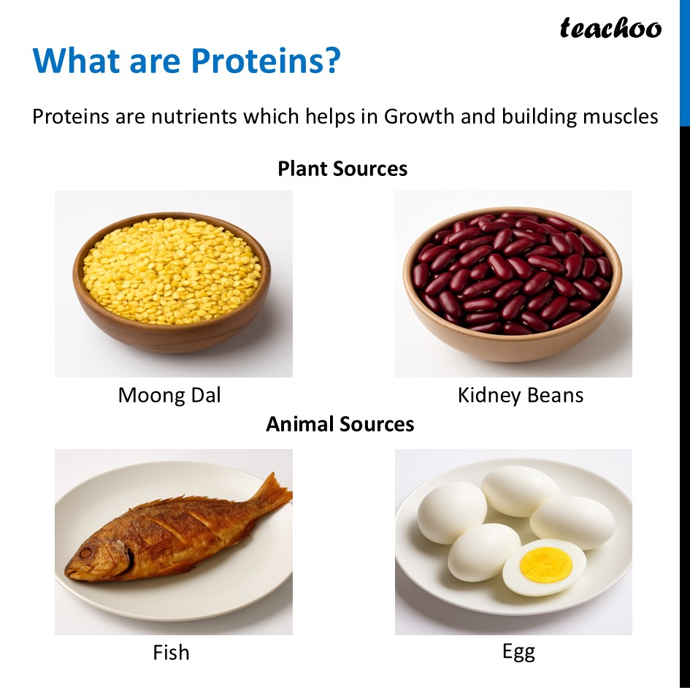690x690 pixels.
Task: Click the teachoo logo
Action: click(x=610, y=28)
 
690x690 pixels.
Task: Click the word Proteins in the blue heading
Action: click(x=256, y=61)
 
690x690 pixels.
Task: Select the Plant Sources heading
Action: click(x=342, y=169)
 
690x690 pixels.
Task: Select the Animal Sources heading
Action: click(x=340, y=424)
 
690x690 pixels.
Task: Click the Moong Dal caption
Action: click(x=169, y=396)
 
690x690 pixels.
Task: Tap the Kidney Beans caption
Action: click(x=521, y=396)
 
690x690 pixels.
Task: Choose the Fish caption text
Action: click(x=171, y=652)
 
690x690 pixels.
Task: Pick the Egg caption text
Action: click(x=518, y=652)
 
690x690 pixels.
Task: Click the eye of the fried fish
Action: click(x=85, y=553)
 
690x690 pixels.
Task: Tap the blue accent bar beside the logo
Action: click(x=684, y=62)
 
